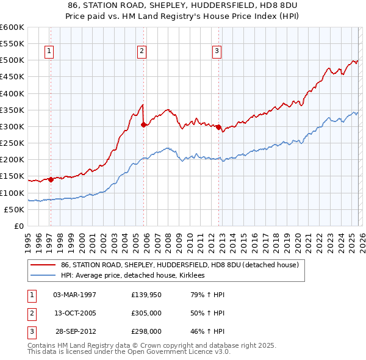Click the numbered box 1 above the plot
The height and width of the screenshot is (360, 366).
(x=49, y=52)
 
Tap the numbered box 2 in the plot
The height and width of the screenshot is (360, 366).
(x=142, y=52)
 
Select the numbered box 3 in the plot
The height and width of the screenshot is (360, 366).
(x=217, y=52)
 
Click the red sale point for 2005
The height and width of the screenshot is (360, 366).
(x=143, y=124)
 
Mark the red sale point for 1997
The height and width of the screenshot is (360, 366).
(x=51, y=179)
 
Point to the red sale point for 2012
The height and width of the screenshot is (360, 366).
(x=218, y=127)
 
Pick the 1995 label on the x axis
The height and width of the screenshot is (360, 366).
(x=28, y=239)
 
